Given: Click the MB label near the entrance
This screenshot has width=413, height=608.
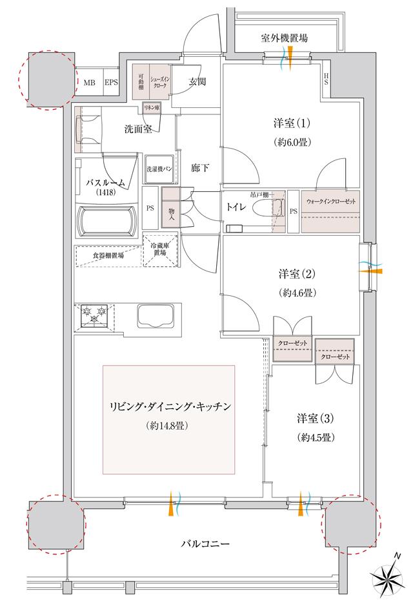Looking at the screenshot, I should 88,82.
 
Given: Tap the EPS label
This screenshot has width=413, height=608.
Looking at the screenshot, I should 111,82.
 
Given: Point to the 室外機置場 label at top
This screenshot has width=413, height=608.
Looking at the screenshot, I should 285,38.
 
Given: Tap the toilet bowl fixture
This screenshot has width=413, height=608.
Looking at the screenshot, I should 266,208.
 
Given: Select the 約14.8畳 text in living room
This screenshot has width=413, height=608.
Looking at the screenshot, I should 167,426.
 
